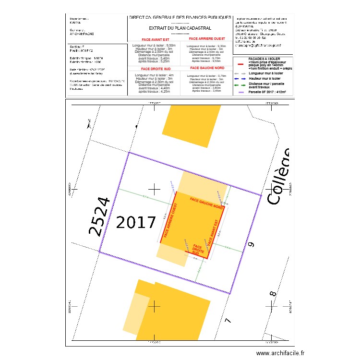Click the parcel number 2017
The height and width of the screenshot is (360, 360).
(x=136, y=223)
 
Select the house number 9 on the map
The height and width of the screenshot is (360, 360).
(x=250, y=245)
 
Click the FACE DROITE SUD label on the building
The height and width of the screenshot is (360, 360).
(x=197, y=249)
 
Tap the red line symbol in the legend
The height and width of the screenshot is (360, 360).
(x=241, y=63)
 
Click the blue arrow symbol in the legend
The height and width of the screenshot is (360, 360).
(x=241, y=78)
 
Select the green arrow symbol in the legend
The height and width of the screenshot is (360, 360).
(x=241, y=85)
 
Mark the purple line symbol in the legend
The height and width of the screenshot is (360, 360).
(x=241, y=92)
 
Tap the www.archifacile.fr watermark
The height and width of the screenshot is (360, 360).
(x=280, y=353)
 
